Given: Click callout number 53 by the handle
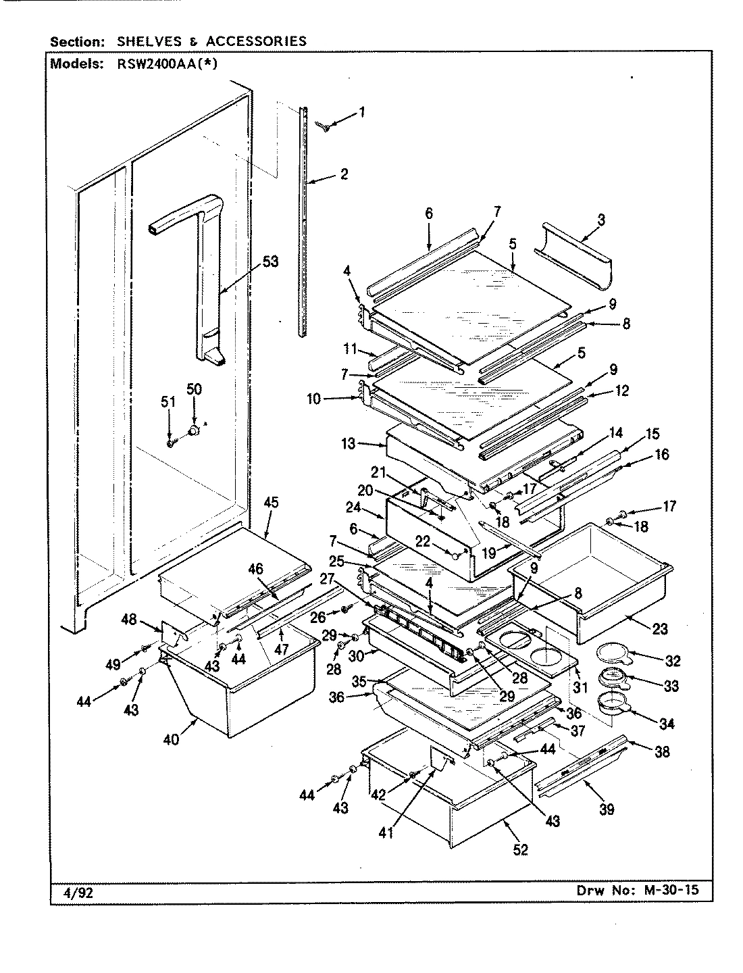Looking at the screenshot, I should click(x=270, y=261).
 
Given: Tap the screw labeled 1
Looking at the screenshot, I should click(x=326, y=127).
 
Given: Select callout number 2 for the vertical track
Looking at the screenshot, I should click(x=344, y=174).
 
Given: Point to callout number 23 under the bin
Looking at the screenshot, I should click(x=660, y=629).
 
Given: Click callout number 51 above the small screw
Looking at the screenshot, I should click(x=168, y=402).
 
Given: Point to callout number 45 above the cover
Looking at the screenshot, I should click(x=271, y=502).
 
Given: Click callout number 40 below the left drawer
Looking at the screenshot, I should click(x=171, y=739).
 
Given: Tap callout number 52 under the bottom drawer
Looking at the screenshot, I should click(x=521, y=849).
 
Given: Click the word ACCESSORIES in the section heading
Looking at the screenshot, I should click(x=256, y=41).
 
